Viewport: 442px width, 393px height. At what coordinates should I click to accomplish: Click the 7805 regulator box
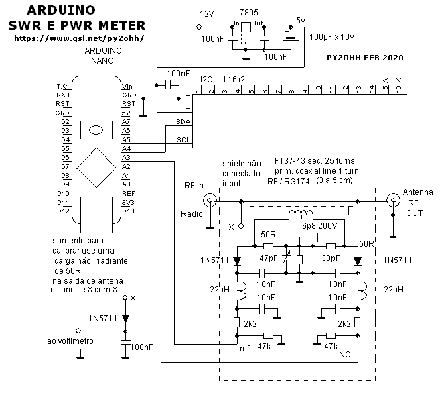pyautogui.click(x=246, y=27)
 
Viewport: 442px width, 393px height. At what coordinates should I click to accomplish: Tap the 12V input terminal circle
pyautogui.click(x=199, y=27)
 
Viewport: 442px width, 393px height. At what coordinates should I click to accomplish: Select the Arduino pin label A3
pyautogui.click(x=126, y=158)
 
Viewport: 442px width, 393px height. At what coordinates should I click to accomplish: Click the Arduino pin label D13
pyautogui.click(x=128, y=211)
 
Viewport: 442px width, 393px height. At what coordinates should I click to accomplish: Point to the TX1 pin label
pyautogui.click(x=62, y=86)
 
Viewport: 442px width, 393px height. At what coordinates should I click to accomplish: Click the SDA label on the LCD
pyautogui.click(x=183, y=121)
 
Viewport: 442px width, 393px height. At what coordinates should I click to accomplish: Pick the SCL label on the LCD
pyautogui.click(x=183, y=139)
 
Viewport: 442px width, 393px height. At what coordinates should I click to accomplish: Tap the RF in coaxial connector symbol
pyautogui.click(x=210, y=201)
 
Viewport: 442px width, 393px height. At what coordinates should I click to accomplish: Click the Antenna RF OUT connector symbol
pyautogui.click(x=393, y=201)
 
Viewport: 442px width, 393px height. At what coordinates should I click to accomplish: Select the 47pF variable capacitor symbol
pyautogui.click(x=287, y=259)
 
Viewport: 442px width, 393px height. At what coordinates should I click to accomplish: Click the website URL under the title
pyautogui.click(x=79, y=38)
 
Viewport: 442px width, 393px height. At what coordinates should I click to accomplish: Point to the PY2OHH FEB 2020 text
pyautogui.click(x=365, y=58)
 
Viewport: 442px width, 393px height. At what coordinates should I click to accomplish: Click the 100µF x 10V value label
pyautogui.click(x=331, y=37)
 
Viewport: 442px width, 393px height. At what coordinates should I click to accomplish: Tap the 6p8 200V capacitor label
pyautogui.click(x=319, y=226)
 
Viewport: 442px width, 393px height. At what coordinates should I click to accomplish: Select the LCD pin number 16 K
pyautogui.click(x=398, y=85)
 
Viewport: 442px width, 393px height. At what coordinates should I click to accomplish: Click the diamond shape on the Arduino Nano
pyautogui.click(x=96, y=168)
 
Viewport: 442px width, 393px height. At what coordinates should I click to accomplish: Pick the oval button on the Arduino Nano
pyautogui.click(x=96, y=130)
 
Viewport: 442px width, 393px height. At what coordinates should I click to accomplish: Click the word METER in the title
pyautogui.click(x=122, y=25)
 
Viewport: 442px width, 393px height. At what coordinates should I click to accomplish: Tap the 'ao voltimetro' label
pyautogui.click(x=70, y=341)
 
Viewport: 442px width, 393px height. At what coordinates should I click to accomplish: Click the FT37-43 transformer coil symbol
pyautogui.click(x=301, y=215)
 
